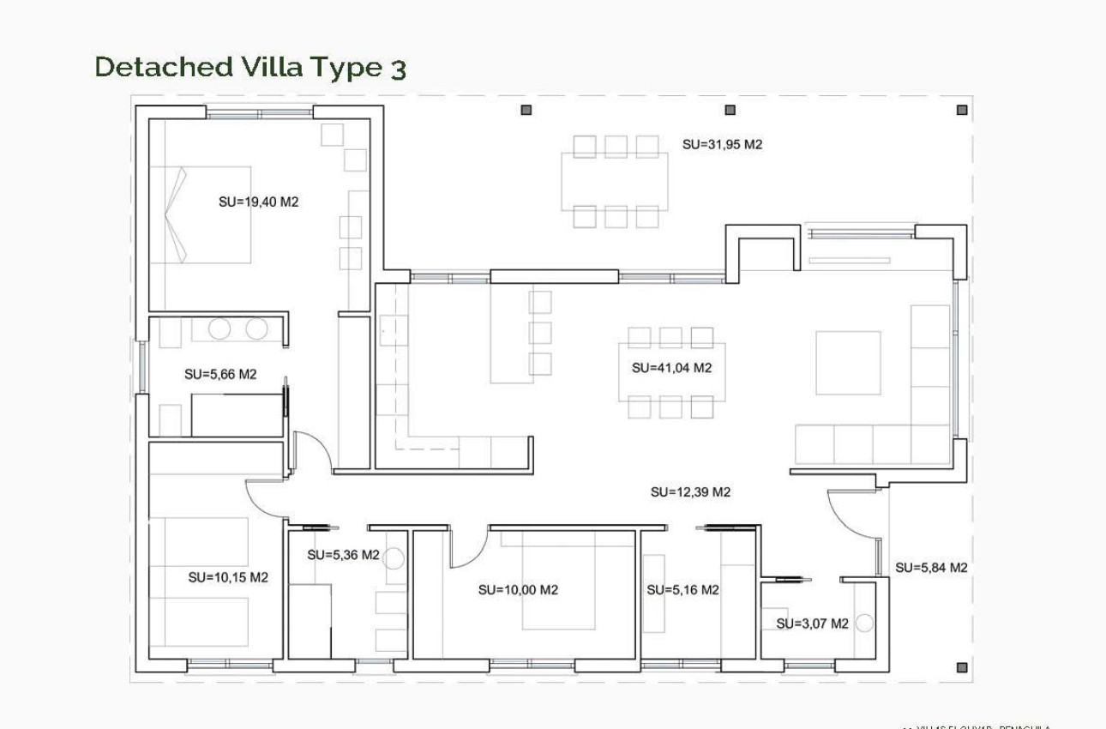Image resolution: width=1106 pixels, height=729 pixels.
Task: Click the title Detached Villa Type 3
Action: point(249,67)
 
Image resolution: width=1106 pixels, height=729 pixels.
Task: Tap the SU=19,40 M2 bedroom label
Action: point(258,202)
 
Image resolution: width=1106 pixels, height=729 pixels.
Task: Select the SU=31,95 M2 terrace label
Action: point(722,145)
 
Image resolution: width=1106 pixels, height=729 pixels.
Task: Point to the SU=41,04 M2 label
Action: point(672,368)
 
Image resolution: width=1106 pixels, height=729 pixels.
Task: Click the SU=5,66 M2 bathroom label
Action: point(220,375)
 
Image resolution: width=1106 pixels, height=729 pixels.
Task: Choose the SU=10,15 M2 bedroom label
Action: point(228,578)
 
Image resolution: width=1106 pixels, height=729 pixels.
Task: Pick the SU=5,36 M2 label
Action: point(343,555)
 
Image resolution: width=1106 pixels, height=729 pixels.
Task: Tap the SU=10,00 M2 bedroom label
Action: point(518,590)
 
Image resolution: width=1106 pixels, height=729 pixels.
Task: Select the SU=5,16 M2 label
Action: point(682,590)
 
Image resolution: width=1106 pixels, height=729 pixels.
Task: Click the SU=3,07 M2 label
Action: point(812,624)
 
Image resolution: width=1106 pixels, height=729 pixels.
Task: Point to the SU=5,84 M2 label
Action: point(931,568)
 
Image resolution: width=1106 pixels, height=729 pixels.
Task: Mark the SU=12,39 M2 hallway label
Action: point(690,492)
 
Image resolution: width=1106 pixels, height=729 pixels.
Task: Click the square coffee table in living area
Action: point(848,363)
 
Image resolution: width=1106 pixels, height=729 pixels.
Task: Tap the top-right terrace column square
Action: point(962,110)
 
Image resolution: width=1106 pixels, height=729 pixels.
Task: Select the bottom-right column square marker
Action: point(962,667)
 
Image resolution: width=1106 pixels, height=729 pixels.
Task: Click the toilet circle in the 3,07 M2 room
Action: point(864,624)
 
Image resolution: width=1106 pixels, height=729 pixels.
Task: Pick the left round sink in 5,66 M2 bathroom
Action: point(220,328)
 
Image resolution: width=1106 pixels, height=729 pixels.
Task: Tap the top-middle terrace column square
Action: point(730,110)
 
